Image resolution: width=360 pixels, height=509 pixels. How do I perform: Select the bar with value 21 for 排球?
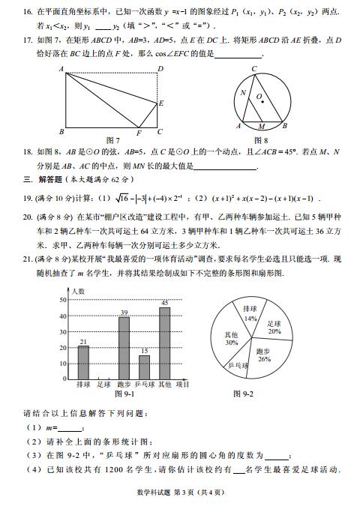click(x=83, y=362)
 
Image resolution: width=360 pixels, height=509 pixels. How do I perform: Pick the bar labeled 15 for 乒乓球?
click(x=144, y=367)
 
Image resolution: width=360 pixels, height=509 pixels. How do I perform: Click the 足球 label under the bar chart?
click(x=103, y=385)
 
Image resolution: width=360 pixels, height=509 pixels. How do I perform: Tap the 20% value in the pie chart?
click(x=274, y=331)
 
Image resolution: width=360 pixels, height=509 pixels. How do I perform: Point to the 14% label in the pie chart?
click(x=250, y=319)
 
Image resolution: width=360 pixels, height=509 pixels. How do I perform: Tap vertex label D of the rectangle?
click(x=160, y=70)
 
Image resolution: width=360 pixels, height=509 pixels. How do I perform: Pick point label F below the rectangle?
click(x=138, y=133)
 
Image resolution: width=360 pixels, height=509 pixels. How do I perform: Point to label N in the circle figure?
click(x=242, y=94)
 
